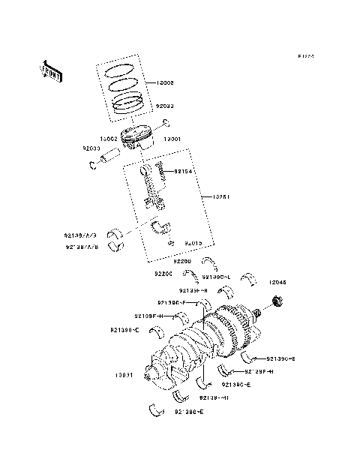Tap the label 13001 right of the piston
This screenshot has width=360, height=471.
173,139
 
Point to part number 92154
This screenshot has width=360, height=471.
184,171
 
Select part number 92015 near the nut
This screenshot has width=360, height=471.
193,243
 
